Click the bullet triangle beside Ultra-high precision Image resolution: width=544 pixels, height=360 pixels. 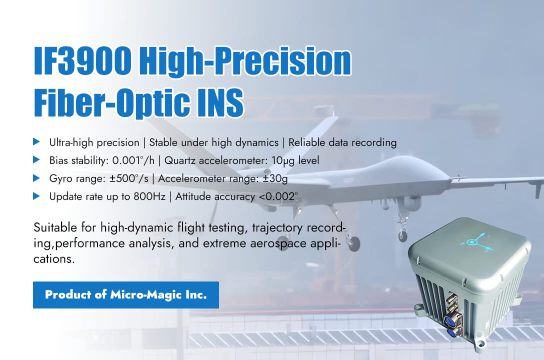tap(36, 142)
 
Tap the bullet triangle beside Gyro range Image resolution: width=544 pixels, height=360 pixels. tap(36, 178)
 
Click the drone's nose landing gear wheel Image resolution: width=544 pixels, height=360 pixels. tap(403, 235)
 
